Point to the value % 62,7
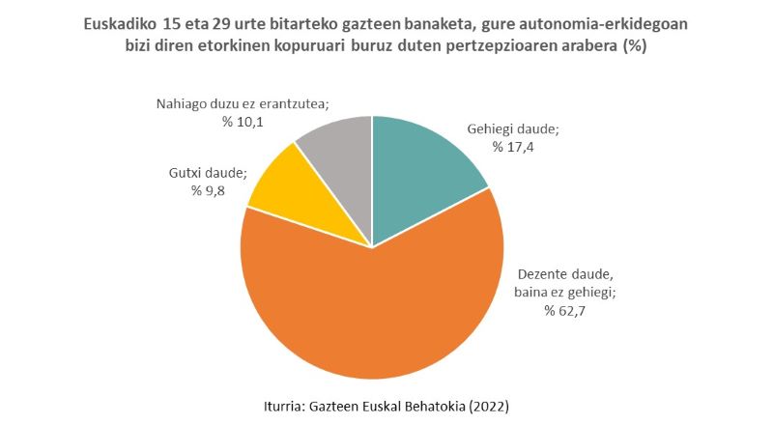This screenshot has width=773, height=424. [566, 310]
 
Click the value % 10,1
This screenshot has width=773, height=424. [243, 122]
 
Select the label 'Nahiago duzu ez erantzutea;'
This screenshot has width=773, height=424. [243, 103]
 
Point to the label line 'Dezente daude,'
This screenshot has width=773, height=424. [566, 273]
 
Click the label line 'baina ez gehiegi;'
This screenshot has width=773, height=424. [566, 292]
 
